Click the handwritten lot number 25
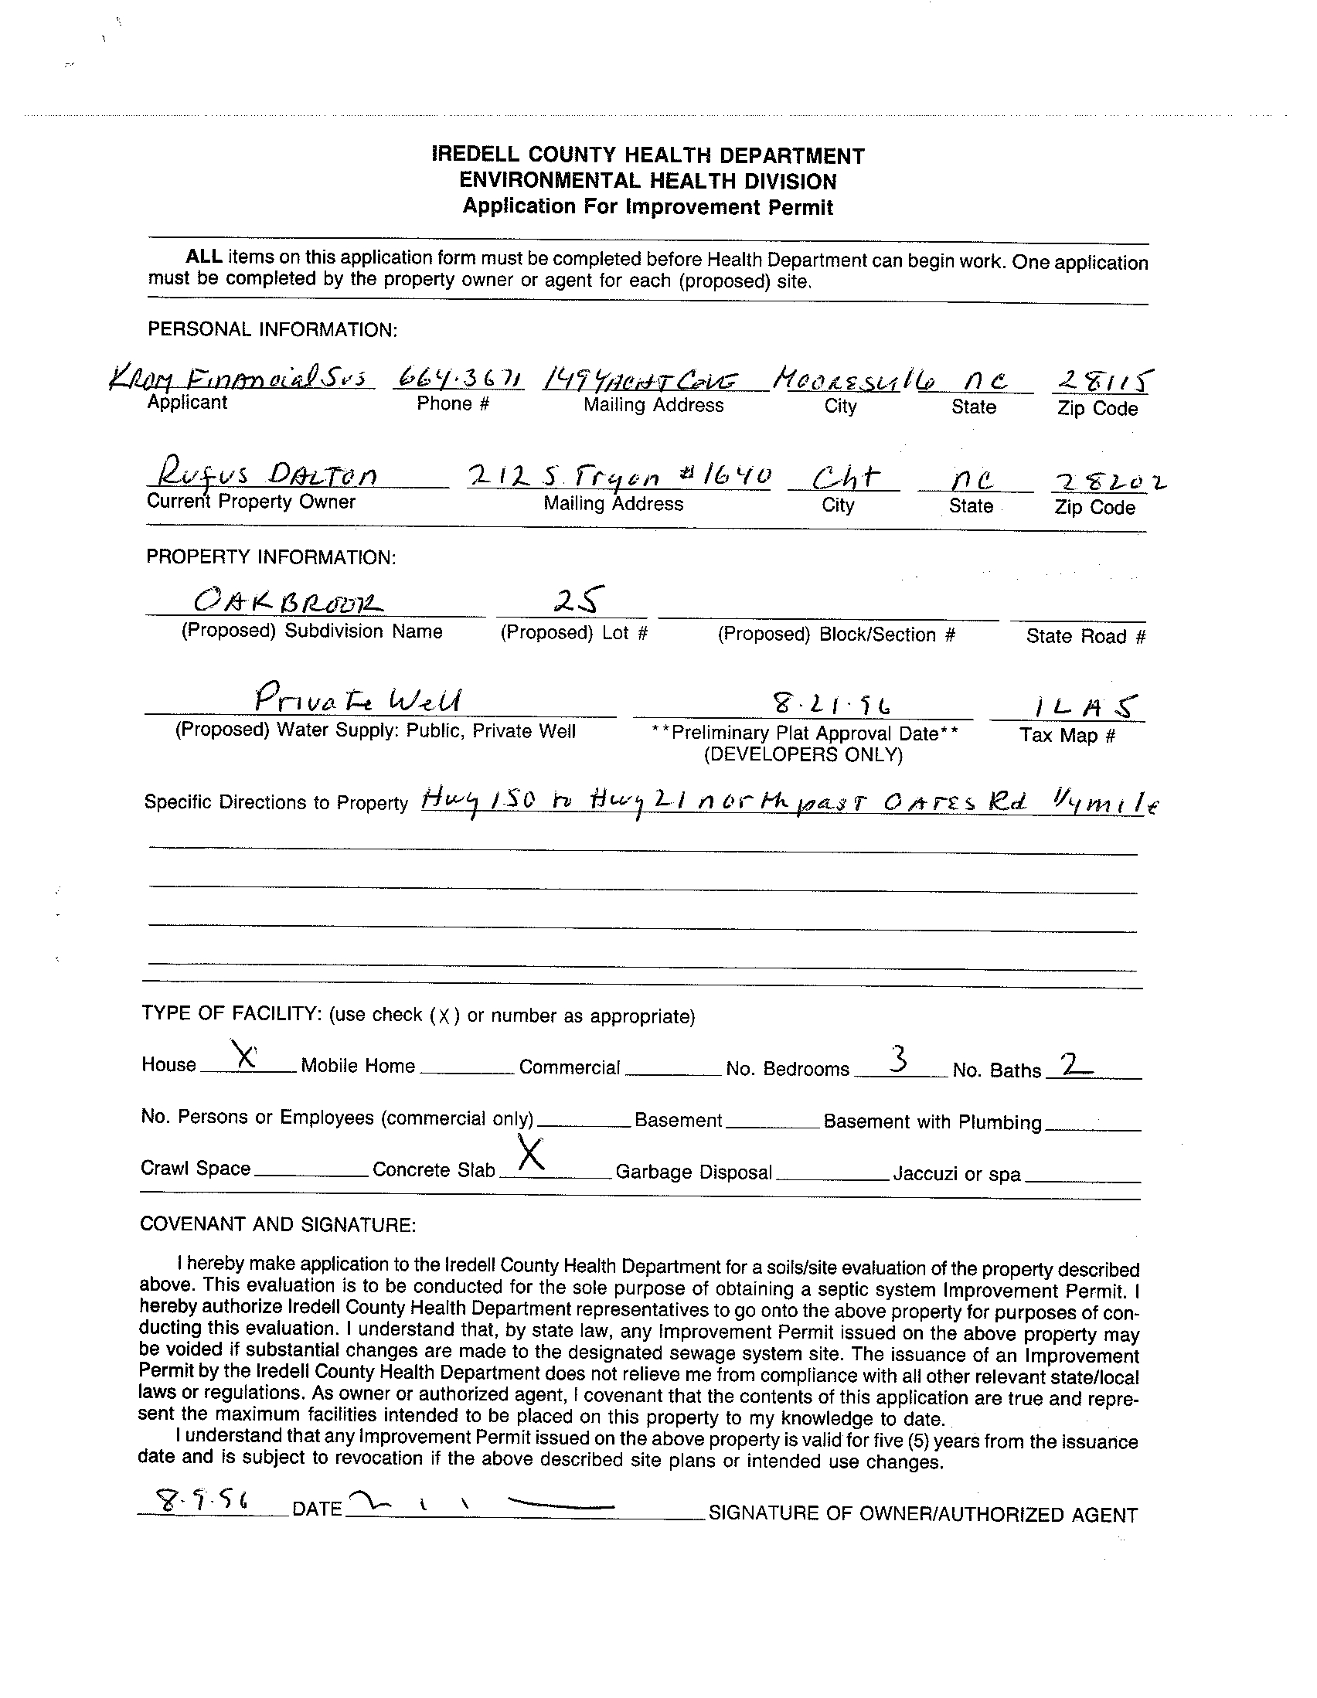576,600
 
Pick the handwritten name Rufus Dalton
267,473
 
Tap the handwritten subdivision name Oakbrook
288,600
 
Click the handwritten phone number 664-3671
459,379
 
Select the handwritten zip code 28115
1102,380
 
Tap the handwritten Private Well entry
359,699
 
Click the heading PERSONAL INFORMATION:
272,330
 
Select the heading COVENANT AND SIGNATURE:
277,1224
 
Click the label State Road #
1085,636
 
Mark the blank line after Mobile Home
467,1072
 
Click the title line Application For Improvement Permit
648,207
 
